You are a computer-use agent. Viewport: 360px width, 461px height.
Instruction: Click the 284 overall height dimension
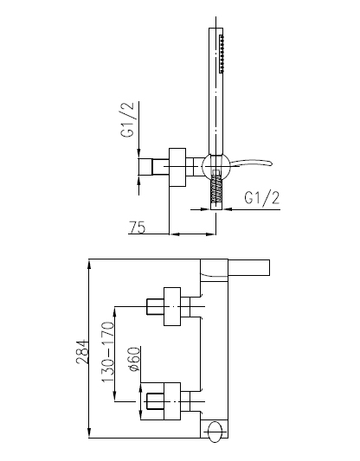tap(82, 352)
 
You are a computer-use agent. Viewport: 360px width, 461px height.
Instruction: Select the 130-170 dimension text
tap(107, 352)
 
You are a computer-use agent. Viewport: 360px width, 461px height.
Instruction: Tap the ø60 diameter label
tap(134, 359)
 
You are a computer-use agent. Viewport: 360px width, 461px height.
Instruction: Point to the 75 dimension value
tap(138, 227)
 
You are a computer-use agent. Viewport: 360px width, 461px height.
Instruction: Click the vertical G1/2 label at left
tap(127, 119)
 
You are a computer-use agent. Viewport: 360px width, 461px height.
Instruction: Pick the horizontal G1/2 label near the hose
tap(261, 198)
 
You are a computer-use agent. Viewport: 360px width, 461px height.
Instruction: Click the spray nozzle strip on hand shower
tap(222, 54)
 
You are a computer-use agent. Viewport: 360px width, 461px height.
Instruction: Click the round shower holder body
tap(216, 167)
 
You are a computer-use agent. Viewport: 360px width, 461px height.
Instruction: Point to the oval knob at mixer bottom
tap(215, 432)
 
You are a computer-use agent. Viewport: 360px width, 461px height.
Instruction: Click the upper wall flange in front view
tap(172, 307)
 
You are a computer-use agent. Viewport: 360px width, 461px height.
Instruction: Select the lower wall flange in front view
tap(172, 401)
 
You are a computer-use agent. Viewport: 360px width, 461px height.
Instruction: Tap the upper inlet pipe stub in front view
tap(155, 307)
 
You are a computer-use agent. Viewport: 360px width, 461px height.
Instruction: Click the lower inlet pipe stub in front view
tap(155, 401)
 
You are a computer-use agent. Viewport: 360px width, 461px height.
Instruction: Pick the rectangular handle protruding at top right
tap(249, 267)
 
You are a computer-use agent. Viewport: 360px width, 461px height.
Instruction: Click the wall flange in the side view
tap(177, 167)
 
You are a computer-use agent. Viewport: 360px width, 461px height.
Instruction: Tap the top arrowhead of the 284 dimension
tap(89, 264)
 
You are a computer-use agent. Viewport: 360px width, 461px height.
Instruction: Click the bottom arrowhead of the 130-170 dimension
tap(115, 396)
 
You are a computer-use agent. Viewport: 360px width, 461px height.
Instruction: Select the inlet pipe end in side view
tap(145, 167)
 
